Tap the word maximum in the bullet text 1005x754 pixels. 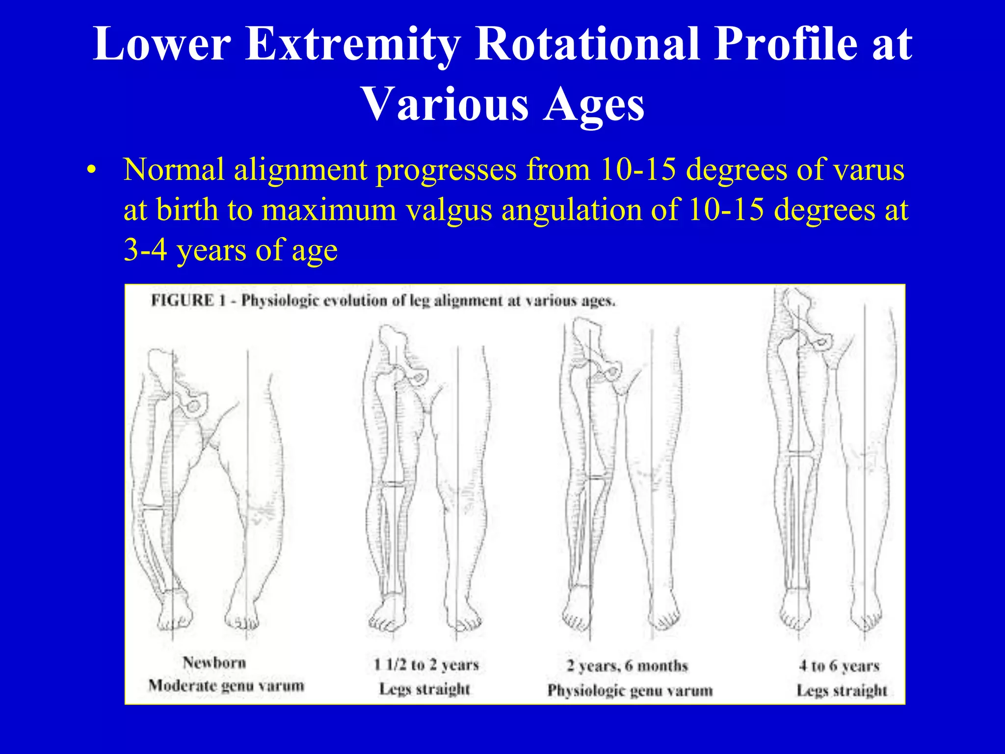coord(329,210)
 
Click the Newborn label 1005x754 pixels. coord(214,663)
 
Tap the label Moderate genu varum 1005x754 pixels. coord(226,686)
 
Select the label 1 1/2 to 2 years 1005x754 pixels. coord(426,665)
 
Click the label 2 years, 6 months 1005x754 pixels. coord(628,666)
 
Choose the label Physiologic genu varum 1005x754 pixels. coord(630,691)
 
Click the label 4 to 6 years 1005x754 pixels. coord(839,666)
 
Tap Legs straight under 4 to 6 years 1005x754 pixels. coord(842,691)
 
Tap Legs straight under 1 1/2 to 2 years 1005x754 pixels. coord(425,689)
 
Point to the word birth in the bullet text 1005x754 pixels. coord(187,210)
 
